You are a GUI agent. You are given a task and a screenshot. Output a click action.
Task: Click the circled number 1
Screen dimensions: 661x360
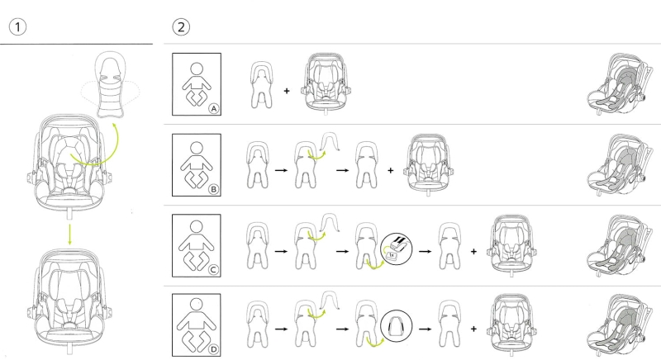pos(17,27)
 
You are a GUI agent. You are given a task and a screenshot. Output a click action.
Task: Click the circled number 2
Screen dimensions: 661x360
pos(181,27)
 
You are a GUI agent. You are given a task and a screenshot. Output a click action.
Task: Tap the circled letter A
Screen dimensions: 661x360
pos(214,109)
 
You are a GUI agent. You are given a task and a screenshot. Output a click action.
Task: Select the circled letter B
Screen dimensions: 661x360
pos(214,189)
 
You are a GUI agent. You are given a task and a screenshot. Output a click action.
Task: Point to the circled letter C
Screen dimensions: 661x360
pos(214,270)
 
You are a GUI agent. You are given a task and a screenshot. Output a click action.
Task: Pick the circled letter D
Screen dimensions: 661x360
pos(214,349)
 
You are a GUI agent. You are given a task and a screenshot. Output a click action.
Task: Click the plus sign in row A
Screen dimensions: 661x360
pos(287,91)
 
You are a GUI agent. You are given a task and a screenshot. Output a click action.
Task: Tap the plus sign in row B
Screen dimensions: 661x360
pos(390,171)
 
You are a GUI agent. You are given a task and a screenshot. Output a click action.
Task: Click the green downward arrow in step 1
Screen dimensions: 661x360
pos(70,234)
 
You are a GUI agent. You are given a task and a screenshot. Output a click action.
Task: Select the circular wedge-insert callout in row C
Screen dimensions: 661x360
pos(397,249)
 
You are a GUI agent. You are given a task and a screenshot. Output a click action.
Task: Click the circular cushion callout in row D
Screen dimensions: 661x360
pos(397,326)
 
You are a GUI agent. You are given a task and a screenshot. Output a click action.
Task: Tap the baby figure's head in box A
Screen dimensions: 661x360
pos(197,69)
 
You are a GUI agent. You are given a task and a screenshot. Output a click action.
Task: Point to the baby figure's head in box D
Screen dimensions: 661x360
pos(197,305)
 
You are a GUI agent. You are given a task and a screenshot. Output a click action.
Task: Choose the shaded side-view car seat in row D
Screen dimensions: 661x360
pos(619,325)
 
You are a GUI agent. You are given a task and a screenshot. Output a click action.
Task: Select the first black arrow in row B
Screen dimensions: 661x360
pos(281,171)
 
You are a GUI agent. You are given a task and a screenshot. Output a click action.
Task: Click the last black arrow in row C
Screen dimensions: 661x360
pos(425,251)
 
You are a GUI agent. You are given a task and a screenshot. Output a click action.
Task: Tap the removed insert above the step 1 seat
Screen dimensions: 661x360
pos(111,84)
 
